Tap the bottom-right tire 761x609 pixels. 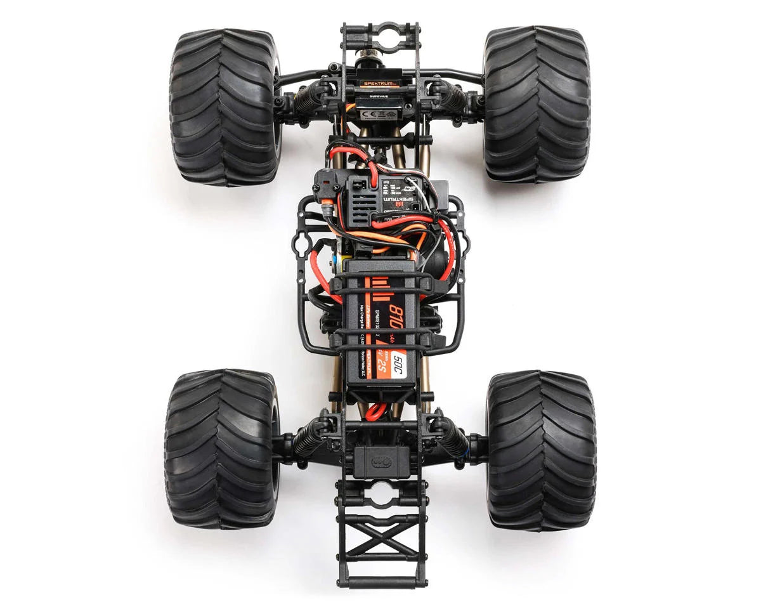pos(541,450)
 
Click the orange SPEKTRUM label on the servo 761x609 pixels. pos(379,83)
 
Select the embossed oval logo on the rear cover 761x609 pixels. pos(381,461)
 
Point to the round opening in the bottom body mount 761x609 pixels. pos(380,494)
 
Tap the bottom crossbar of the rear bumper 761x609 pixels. pos(379,581)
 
